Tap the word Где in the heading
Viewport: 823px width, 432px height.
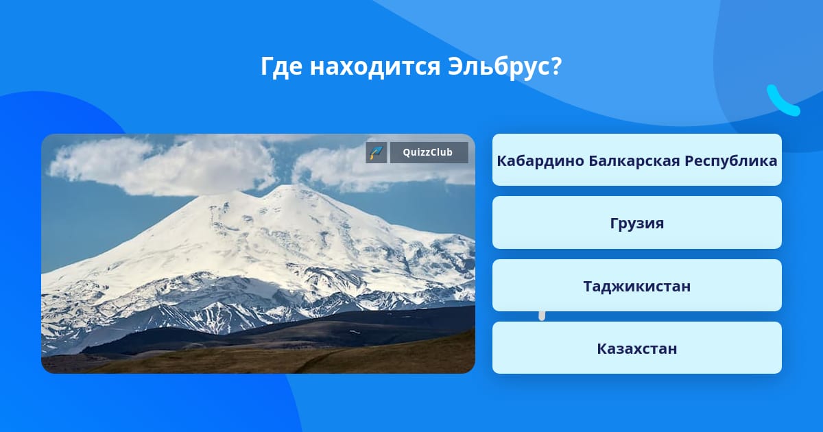point(281,67)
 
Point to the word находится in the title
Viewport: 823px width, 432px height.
point(374,67)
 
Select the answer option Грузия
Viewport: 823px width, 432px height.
point(636,223)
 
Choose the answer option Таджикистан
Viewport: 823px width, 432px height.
point(636,285)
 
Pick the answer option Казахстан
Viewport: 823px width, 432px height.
point(636,348)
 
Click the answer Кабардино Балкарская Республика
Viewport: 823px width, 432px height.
point(636,160)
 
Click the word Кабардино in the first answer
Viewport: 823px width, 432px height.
point(540,161)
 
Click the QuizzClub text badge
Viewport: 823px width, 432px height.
point(429,152)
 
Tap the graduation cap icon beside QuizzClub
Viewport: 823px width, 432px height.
point(377,152)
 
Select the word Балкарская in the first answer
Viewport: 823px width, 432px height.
point(634,161)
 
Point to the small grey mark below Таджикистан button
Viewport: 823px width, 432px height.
point(542,316)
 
